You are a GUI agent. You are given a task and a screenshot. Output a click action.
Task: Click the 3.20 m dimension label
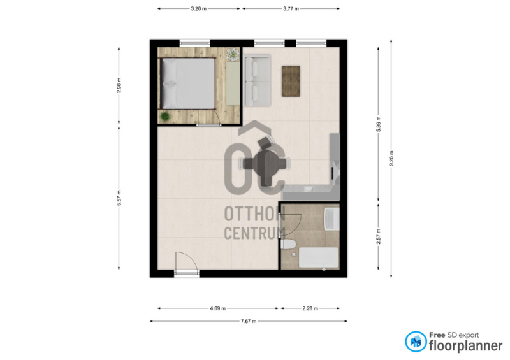(198, 9)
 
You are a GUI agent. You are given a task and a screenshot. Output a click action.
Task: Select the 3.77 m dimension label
(291, 9)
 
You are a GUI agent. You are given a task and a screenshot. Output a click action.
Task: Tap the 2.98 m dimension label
(119, 85)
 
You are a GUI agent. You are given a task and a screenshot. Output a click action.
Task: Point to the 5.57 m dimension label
(119, 198)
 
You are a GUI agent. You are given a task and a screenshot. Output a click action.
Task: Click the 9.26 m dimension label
(391, 158)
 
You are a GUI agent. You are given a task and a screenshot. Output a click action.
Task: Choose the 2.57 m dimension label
(378, 236)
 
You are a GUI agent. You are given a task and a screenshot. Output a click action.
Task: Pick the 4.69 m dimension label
(217, 308)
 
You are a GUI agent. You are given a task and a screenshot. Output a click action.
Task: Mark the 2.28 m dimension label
(310, 308)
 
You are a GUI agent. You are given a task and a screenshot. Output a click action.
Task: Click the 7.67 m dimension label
(249, 321)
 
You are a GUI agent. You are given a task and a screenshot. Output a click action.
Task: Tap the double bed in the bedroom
(187, 83)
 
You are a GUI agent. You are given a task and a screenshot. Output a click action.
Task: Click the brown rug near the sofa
(291, 81)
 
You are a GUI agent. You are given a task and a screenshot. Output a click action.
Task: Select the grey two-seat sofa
(258, 80)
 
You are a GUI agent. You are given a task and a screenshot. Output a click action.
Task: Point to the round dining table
(266, 163)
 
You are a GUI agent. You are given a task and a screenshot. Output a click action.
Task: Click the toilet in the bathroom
(288, 244)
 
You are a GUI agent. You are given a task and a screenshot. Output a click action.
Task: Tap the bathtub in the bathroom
(318, 257)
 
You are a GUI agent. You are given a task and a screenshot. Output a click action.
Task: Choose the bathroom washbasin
(331, 219)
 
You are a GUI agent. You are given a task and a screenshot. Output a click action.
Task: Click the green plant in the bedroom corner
(165, 116)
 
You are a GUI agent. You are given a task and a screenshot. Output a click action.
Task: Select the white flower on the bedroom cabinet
(233, 54)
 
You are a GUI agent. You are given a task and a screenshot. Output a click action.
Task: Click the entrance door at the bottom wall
(187, 264)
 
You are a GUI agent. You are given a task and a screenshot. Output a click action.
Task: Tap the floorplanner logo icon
(416, 342)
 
